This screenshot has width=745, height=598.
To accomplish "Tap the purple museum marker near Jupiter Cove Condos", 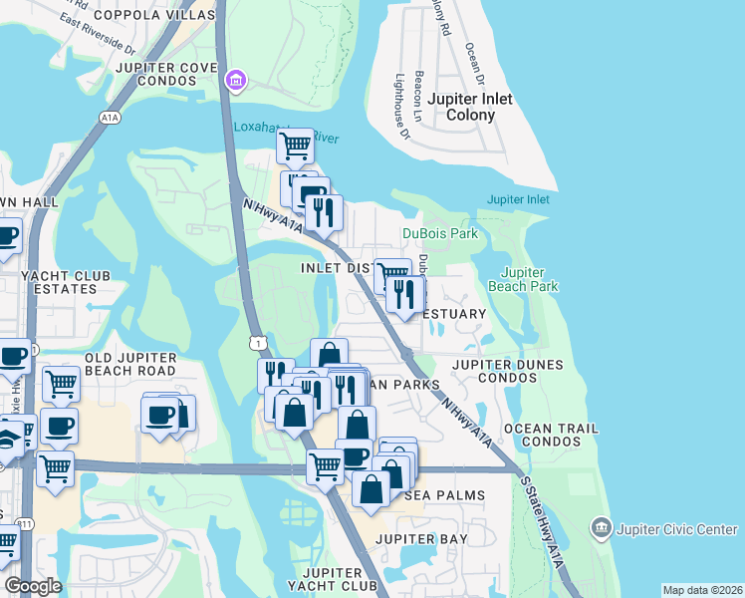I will tap(235, 80).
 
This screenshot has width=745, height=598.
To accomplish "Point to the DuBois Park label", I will tap(440, 233).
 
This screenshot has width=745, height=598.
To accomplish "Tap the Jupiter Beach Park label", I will tap(530, 279).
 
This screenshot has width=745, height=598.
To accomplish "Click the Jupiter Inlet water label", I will tap(518, 199).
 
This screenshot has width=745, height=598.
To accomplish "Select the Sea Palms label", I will tap(445, 495).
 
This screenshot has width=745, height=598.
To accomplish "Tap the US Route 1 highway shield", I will tap(258, 343).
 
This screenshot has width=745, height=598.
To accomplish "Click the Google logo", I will tap(33, 586).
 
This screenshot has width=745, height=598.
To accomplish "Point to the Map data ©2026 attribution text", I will tap(702, 590).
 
